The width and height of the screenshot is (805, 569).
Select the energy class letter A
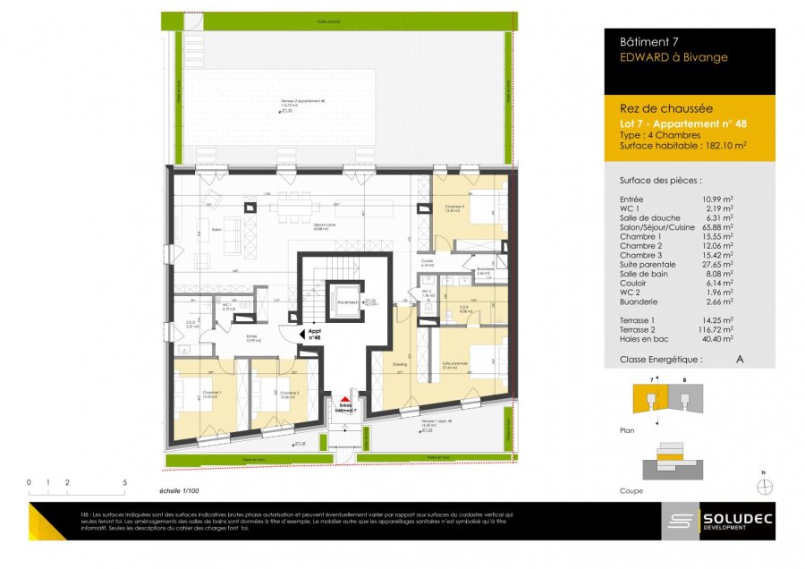739,359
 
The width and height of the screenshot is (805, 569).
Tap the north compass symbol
763,487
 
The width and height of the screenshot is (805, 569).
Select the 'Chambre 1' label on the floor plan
211,393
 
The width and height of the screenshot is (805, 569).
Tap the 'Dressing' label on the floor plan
399,363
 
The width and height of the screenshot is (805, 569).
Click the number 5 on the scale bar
124,482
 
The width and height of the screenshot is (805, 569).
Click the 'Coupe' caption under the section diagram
631,491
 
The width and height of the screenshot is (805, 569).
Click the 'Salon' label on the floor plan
216,230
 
